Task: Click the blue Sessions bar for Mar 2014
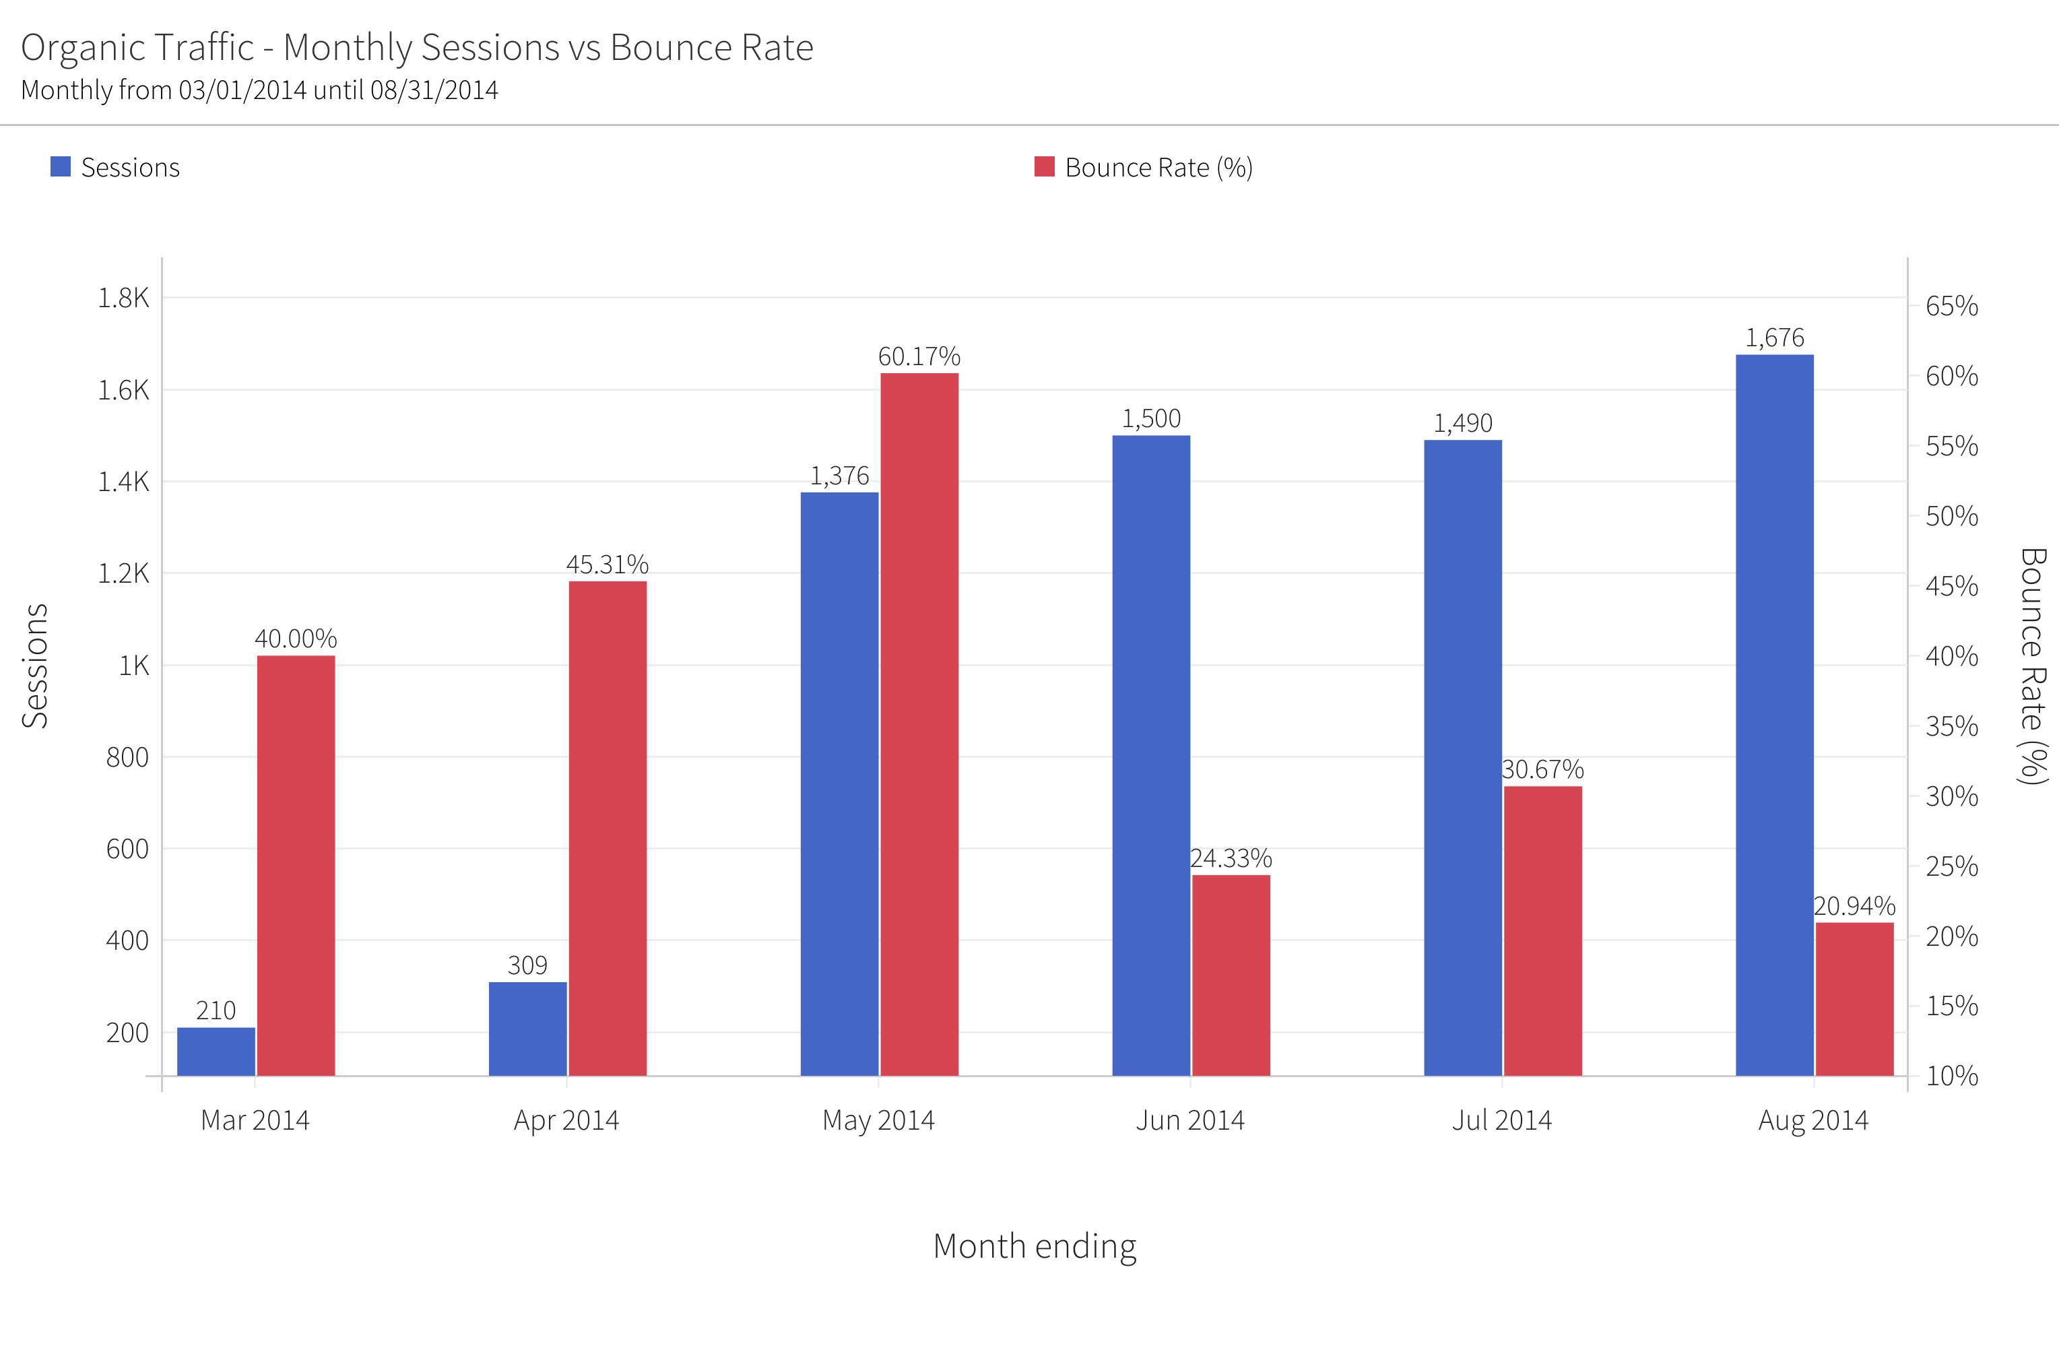tap(216, 1051)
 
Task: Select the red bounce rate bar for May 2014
tap(919, 724)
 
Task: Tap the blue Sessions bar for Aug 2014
tap(1774, 715)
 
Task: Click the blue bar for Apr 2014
tap(528, 1029)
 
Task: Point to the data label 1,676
tap(1774, 337)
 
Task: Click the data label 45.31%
tap(608, 564)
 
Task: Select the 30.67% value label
tap(1542, 769)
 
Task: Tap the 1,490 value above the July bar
tap(1463, 423)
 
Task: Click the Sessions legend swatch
tap(61, 167)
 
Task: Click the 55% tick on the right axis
tap(1952, 447)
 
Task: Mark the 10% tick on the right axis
tap(1952, 1076)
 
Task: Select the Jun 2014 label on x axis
tap(1189, 1120)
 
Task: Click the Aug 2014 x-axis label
tap(1813, 1120)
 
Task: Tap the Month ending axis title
tap(1035, 1246)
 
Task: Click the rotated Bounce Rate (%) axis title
tap(2032, 666)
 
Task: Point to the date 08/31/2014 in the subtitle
tap(434, 91)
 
